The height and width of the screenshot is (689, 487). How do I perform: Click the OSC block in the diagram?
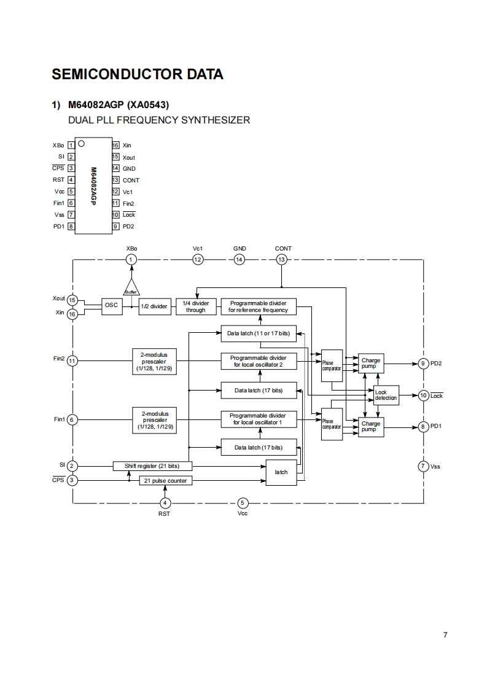(112, 306)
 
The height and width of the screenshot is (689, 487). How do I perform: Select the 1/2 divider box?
(154, 306)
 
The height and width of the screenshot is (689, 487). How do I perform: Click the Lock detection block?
(386, 395)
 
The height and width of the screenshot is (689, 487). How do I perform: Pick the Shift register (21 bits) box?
(151, 466)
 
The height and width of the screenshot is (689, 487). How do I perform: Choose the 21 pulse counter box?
(166, 480)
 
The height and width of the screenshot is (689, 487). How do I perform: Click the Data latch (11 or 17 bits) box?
(258, 333)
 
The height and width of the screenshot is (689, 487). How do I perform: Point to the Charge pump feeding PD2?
(371, 364)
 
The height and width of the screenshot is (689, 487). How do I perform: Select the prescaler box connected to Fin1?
(154, 419)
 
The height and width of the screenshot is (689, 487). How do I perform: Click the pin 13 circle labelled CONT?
(282, 260)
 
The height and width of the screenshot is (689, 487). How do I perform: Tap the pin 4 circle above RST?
(164, 503)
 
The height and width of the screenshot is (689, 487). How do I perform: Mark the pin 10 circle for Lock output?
(423, 395)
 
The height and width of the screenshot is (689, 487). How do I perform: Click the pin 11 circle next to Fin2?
(72, 361)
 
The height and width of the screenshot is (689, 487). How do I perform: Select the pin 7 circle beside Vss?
(423, 466)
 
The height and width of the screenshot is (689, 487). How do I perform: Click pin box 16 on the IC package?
(115, 146)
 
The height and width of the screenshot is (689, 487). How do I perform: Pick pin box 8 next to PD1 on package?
(71, 227)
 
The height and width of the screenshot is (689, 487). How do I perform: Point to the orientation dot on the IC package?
(82, 145)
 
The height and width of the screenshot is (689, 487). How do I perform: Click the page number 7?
(445, 635)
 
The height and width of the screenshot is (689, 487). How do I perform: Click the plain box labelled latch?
(281, 472)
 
